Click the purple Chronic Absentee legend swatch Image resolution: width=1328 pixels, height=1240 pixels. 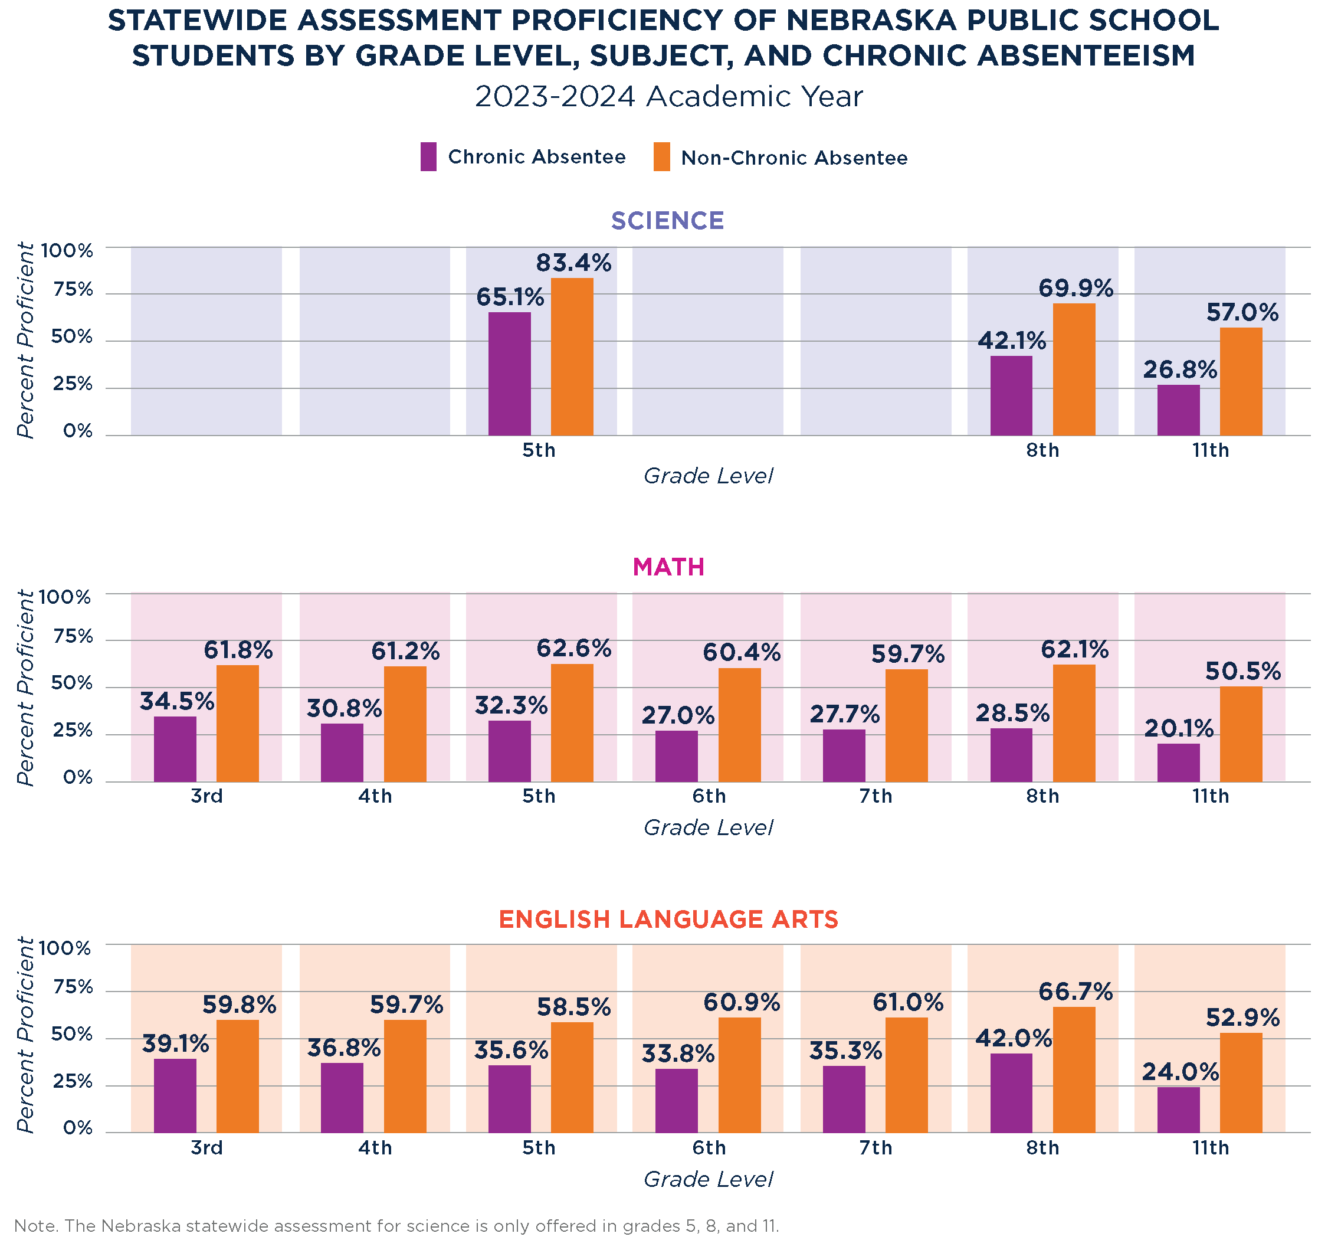point(428,157)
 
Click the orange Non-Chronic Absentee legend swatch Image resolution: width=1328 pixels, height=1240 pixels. point(661,157)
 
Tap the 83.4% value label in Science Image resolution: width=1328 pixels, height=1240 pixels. point(573,263)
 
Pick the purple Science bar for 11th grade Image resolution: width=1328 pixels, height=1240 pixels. point(1178,410)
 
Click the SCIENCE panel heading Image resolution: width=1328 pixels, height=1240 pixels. point(667,221)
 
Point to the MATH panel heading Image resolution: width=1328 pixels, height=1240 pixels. point(668,567)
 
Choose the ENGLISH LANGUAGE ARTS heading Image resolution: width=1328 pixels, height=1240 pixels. point(668,920)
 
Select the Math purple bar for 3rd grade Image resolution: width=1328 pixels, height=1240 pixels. point(175,749)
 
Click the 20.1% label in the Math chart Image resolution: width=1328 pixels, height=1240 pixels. point(1178,728)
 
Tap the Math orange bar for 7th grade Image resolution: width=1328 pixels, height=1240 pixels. point(907,725)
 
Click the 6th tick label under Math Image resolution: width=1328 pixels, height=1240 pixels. point(708,796)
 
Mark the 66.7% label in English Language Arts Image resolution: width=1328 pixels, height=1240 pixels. point(1075,992)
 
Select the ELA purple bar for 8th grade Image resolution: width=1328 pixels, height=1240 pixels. point(1011,1093)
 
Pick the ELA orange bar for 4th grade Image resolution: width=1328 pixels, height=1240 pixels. point(405,1077)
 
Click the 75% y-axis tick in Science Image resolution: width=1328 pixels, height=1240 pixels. point(74,290)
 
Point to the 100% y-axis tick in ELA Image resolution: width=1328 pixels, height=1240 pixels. point(65,948)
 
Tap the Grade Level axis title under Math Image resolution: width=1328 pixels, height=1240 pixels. point(708,828)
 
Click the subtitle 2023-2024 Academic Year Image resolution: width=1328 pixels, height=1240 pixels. point(668,97)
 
